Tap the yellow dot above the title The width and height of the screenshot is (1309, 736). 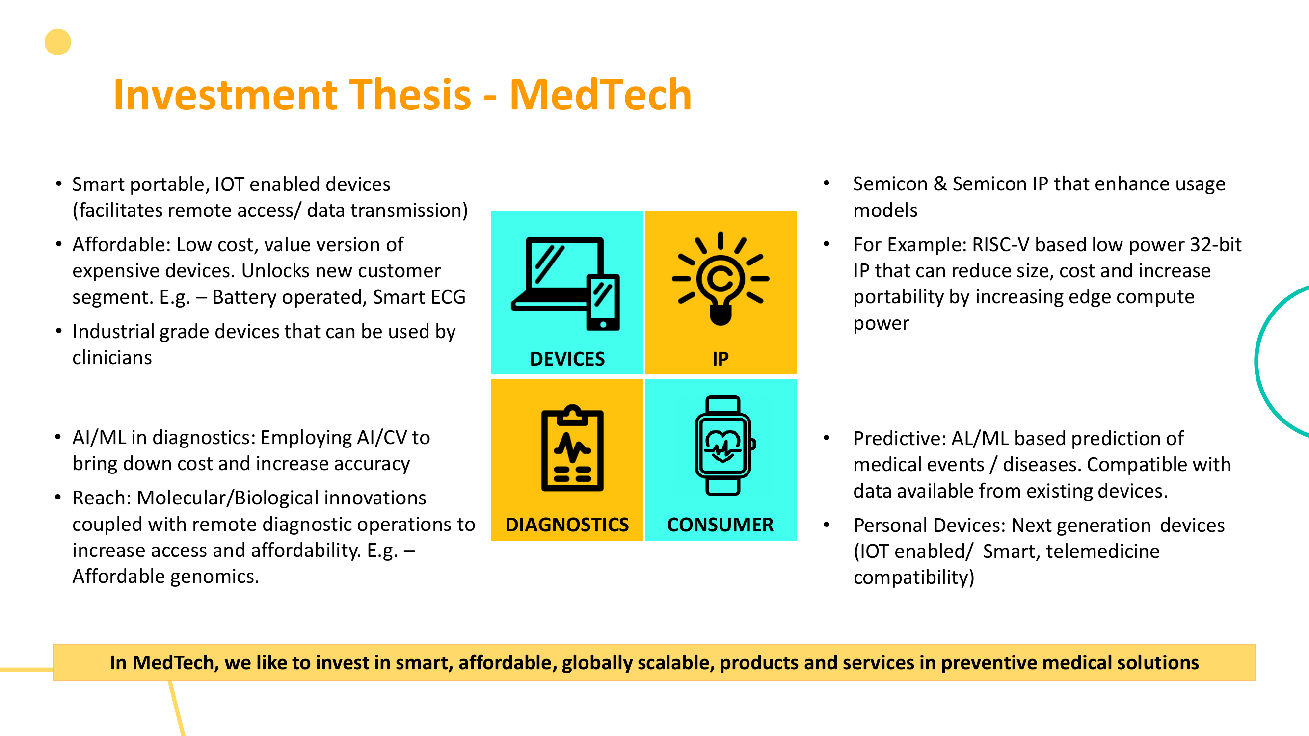tap(58, 42)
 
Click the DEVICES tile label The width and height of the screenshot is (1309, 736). tap(567, 359)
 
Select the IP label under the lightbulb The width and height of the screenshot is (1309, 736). tap(721, 359)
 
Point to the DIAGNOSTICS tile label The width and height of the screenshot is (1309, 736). tap(567, 525)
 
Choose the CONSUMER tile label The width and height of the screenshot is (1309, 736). tap(721, 525)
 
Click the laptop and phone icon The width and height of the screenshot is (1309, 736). tap(565, 284)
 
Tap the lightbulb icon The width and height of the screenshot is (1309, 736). tap(721, 278)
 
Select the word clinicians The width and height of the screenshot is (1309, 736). tap(112, 358)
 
